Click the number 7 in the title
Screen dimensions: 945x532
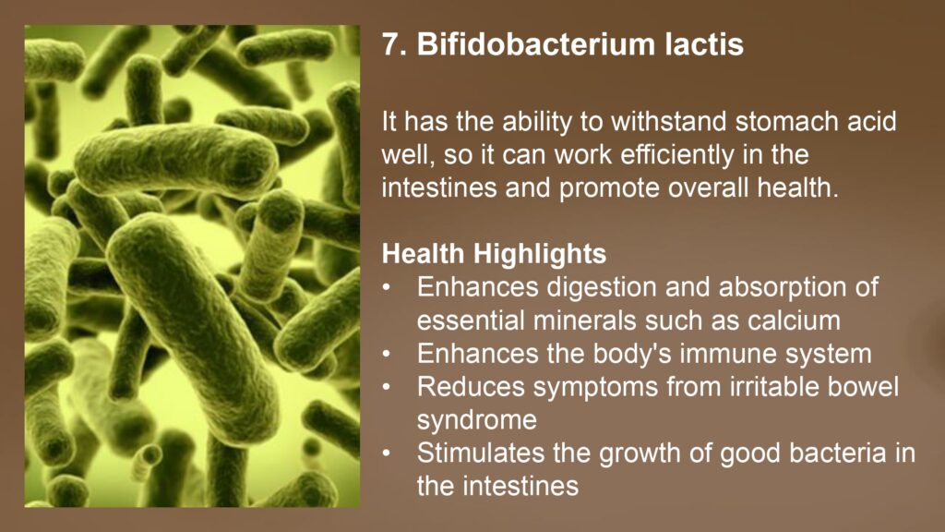click(390, 44)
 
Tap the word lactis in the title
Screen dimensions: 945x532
click(704, 44)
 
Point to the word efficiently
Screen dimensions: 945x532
click(676, 154)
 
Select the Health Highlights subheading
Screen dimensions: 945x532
click(494, 253)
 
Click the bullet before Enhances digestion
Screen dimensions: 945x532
click(387, 288)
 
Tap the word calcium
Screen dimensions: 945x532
click(794, 320)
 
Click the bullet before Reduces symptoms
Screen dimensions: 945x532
click(387, 387)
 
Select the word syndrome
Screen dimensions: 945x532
click(477, 420)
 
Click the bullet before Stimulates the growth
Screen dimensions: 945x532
click(387, 453)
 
